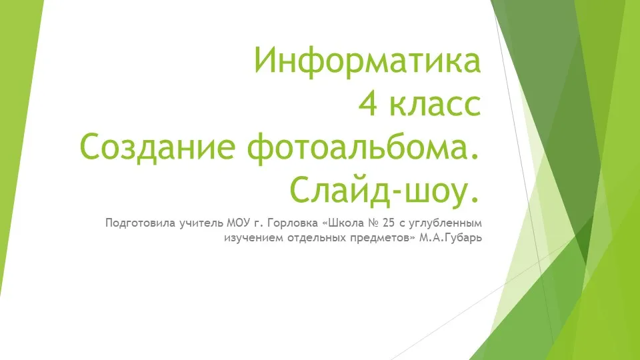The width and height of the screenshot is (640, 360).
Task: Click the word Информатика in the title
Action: [368, 61]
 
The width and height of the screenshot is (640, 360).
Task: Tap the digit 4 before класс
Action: [368, 104]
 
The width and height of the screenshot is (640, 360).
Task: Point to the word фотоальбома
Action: [358, 149]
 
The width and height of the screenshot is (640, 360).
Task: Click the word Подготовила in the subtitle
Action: [141, 223]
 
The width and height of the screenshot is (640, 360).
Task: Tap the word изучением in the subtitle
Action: [254, 238]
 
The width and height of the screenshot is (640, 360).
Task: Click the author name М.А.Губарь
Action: [451, 238]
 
